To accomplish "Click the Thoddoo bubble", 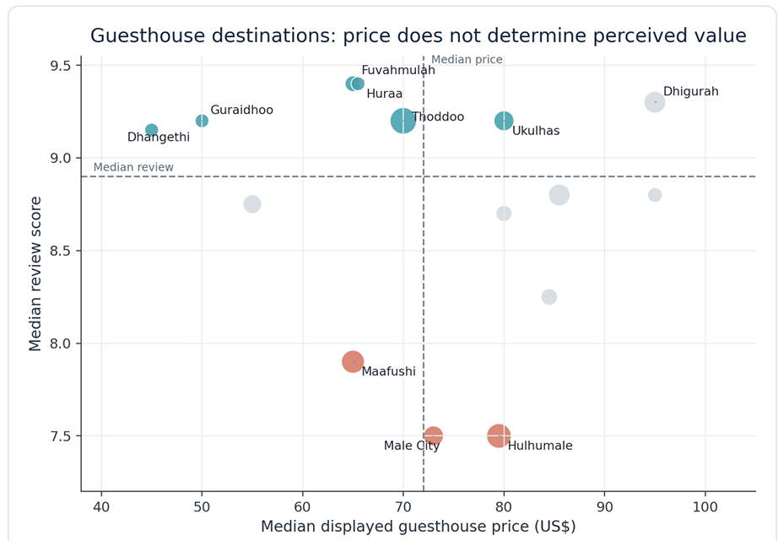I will coord(403,121).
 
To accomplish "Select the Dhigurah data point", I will coord(655,102).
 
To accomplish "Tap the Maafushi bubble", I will coord(353,362).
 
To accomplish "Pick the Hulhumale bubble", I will coord(499,436).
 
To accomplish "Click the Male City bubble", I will coord(433,436).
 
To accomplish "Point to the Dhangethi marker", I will coord(152,131).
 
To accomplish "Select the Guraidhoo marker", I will coord(202,121).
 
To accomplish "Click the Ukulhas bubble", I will coord(504,121).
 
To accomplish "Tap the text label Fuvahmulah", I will coord(398,71).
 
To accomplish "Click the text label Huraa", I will coord(384,95).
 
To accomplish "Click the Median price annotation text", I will coord(467,60).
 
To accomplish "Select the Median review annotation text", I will coord(133,168).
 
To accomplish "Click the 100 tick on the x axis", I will coord(705,506).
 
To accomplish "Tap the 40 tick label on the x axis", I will coord(101,506).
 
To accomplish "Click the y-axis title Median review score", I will coord(35,273).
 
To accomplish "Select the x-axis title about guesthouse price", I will coord(418,527).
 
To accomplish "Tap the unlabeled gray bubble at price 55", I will coord(252,204).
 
